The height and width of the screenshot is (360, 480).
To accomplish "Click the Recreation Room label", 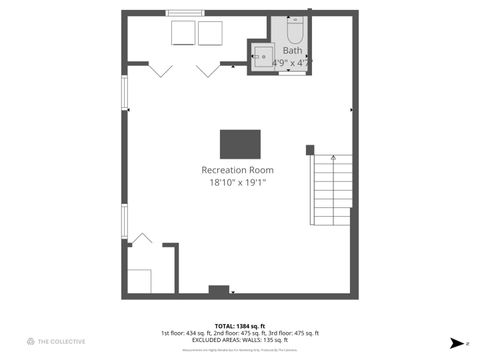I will (237, 170).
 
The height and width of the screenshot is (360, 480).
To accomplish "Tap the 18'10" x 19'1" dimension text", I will (237, 182).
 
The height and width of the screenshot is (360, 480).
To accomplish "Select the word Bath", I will (292, 50).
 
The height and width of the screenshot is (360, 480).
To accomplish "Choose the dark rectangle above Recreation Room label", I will (240, 143).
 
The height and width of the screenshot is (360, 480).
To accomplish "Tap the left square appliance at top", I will (183, 33).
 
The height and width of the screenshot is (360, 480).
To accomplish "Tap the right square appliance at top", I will (210, 33).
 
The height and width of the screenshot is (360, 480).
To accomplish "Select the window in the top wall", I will (185, 13).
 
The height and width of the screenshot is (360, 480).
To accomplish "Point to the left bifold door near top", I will (161, 69).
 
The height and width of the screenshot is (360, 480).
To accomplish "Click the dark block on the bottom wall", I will (218, 291).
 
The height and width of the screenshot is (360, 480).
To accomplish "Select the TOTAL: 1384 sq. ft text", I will (239, 326).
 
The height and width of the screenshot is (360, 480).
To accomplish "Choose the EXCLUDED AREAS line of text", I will (239, 340).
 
